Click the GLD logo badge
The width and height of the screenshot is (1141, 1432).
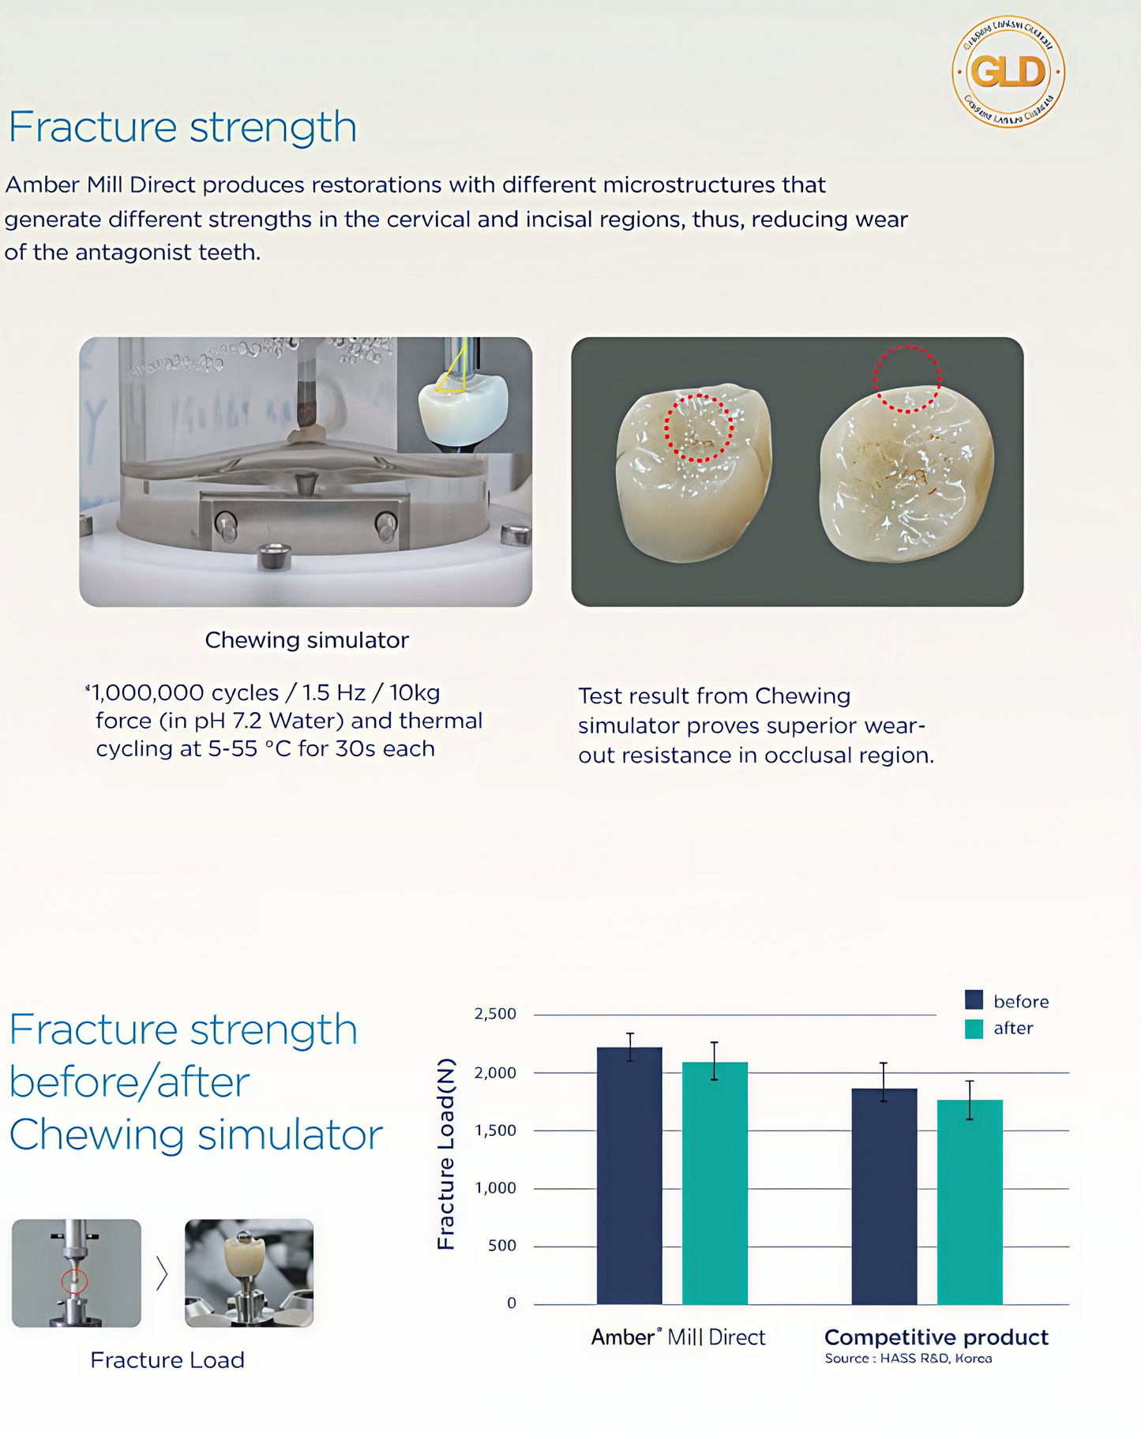pyautogui.click(x=1008, y=72)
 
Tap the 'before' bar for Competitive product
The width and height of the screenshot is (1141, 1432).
pyautogui.click(x=884, y=1195)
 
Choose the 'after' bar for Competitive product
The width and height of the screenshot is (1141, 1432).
pyautogui.click(x=970, y=1201)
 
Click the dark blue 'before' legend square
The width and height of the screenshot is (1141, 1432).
pyautogui.click(x=974, y=1000)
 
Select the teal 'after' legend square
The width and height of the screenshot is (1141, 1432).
pyautogui.click(x=974, y=1028)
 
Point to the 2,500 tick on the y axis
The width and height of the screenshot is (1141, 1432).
pyautogui.click(x=495, y=1014)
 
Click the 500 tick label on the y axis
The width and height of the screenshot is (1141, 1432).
pyautogui.click(x=502, y=1246)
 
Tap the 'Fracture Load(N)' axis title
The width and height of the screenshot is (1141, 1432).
pyautogui.click(x=446, y=1153)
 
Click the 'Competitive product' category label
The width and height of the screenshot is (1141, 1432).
pyautogui.click(x=936, y=1336)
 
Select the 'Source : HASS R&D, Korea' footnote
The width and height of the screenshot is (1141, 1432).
pyautogui.click(x=908, y=1358)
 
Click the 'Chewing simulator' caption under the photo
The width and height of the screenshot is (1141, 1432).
pyautogui.click(x=306, y=640)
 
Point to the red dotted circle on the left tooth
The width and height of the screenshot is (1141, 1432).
pyautogui.click(x=699, y=428)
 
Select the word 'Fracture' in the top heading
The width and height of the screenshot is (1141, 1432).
pyautogui.click(x=93, y=127)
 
